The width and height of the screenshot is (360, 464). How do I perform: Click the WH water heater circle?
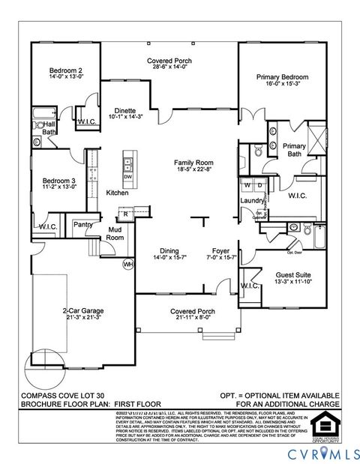tap(127, 264)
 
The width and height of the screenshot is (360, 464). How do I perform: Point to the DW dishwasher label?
tap(127, 176)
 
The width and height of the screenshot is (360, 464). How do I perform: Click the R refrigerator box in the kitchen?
tap(125, 214)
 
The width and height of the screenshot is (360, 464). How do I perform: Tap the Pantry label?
tap(82, 224)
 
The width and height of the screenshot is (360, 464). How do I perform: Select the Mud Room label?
tap(115, 233)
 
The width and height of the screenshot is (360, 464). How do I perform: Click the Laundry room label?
tap(250, 201)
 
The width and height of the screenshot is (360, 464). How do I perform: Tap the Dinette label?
tap(124, 110)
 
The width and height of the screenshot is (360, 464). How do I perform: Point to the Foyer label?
tap(220, 251)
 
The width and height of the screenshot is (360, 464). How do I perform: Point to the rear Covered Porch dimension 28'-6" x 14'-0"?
tap(169, 66)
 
